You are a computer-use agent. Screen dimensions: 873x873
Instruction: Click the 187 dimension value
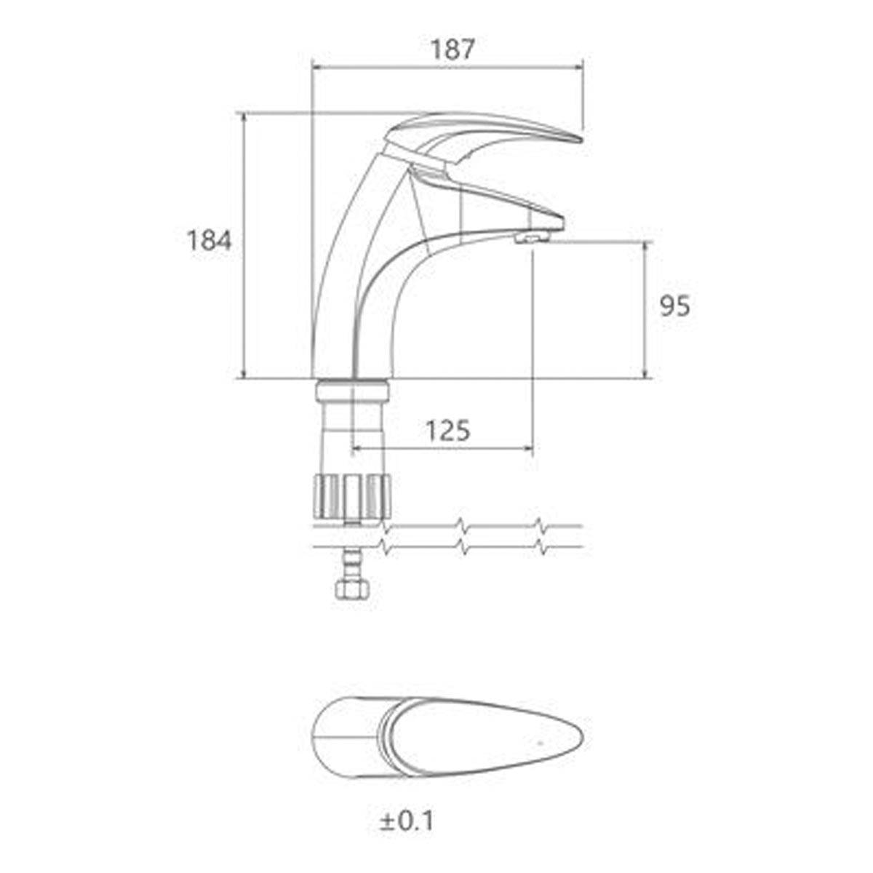coord(452,49)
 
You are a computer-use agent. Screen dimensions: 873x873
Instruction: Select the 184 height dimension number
coord(210,241)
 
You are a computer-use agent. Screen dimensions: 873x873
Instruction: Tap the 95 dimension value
coord(674,307)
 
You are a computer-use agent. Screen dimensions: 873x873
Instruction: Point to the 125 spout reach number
coord(449,431)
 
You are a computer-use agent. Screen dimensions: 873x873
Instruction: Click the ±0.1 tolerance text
coord(407,795)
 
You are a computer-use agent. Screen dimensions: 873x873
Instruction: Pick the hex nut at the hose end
coord(353,589)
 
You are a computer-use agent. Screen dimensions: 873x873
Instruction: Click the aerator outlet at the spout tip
coord(533,237)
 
